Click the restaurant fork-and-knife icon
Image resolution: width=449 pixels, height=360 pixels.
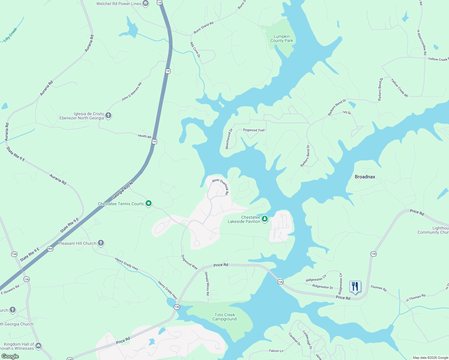click(355, 286)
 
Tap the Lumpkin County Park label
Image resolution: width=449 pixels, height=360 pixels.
click(282, 39)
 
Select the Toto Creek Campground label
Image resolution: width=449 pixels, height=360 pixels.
click(224, 317)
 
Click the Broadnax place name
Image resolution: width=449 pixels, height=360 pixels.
click(365, 177)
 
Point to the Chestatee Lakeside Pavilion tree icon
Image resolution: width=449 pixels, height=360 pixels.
click(265, 219)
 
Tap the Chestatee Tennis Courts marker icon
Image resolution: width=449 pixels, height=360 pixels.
click(149, 203)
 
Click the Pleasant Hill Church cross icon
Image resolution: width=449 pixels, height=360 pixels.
click(101, 243)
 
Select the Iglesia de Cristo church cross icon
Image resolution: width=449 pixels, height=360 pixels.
click(108, 115)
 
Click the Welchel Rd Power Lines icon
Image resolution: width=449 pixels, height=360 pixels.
click(146, 4)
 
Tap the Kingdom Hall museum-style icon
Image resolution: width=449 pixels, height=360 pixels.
click(38, 346)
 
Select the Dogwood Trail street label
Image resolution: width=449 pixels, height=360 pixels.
click(254, 130)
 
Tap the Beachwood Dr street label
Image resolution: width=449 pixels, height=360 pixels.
click(229, 139)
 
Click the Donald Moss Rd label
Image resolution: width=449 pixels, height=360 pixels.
click(207, 283)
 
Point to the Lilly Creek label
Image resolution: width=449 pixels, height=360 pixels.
click(11, 35)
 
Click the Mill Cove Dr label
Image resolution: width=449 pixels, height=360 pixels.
click(195, 49)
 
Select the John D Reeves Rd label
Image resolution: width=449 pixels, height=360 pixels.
click(131, 91)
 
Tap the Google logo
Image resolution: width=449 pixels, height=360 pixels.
click(10, 356)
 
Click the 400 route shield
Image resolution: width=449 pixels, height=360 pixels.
click(50, 249)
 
